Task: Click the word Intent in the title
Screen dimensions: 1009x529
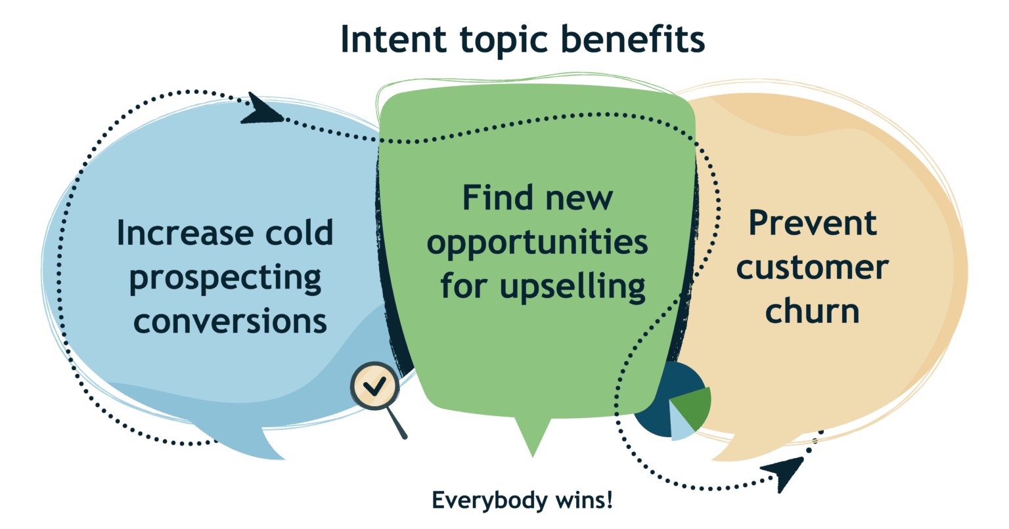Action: pos(393,39)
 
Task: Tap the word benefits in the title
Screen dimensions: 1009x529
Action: pos(633,39)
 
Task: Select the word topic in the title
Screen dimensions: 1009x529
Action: pos(504,41)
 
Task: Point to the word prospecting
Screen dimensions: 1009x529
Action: pos(225,279)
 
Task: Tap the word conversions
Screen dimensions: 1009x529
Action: pos(230,322)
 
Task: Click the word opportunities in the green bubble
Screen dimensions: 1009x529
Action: pos(537,243)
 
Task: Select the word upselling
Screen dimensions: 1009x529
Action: pos(573,287)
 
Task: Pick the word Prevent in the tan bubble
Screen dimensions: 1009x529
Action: pos(813,223)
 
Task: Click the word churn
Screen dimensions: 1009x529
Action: pos(812,310)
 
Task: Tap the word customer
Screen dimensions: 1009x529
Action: pos(813,268)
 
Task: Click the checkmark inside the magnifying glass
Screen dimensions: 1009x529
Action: pos(375,386)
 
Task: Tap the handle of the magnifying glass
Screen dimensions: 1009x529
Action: pos(397,423)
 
